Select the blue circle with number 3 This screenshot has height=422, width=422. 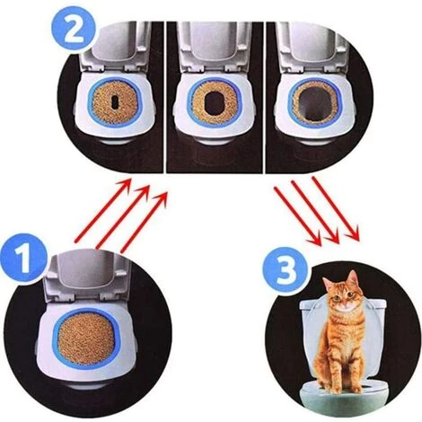point(286,270)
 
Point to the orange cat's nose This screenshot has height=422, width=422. point(345,303)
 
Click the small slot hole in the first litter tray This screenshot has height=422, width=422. point(115,101)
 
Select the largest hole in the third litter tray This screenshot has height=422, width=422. point(315,102)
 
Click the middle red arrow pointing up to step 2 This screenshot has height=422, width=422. point(123,217)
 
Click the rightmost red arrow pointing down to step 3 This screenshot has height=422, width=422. point(336,208)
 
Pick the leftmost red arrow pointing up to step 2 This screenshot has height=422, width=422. point(103,209)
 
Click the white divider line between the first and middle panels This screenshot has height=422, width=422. point(164,97)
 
